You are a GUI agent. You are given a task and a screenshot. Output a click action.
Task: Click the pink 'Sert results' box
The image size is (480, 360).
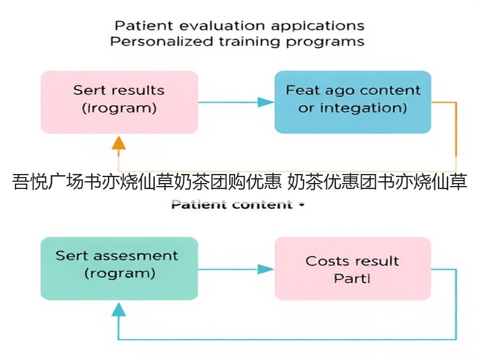(x=119, y=102)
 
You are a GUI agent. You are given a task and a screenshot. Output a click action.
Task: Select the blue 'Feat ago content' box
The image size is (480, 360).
(x=353, y=102)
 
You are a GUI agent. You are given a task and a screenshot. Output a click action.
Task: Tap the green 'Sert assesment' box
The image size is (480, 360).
(x=119, y=268)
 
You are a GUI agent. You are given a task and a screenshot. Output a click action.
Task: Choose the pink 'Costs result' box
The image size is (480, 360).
(x=353, y=268)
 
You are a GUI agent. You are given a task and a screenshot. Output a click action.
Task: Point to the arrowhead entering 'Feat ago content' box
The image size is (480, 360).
(x=266, y=102)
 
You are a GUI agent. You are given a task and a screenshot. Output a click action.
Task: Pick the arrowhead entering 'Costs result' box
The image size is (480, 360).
(x=266, y=269)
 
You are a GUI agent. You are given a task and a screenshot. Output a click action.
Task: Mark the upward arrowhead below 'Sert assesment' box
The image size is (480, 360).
(x=119, y=309)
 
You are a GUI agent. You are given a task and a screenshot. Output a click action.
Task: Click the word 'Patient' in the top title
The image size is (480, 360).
(x=143, y=25)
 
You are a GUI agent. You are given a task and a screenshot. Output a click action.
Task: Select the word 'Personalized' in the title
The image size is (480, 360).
(x=161, y=41)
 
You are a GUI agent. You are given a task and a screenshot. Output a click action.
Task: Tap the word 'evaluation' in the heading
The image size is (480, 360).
(x=222, y=26)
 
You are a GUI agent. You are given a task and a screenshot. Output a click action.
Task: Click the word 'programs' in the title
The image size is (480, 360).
(x=325, y=42)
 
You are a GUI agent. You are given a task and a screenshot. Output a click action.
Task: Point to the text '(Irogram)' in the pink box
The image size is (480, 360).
(x=119, y=108)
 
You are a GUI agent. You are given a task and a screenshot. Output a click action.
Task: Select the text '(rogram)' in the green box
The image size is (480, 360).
(x=119, y=274)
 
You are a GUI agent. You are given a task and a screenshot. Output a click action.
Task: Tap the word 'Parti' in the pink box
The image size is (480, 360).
(x=352, y=278)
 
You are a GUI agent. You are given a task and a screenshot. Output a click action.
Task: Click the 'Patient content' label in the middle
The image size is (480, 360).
(x=232, y=205)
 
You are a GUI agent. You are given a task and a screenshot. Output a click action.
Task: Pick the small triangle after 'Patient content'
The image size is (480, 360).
(x=302, y=205)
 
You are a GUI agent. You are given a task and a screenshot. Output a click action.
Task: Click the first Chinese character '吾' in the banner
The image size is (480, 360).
(x=21, y=182)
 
